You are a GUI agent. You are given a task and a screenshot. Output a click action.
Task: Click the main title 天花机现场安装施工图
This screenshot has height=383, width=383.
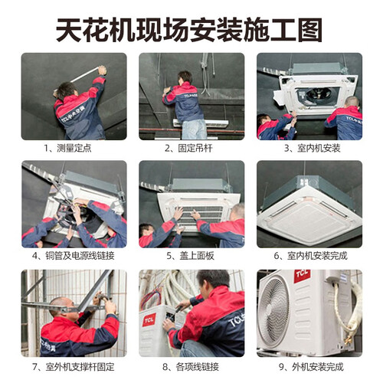pos(189,30)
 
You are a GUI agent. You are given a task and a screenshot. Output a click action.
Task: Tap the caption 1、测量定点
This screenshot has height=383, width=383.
pos(67,148)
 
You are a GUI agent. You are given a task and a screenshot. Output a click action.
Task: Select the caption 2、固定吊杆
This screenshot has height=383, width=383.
pos(188,148)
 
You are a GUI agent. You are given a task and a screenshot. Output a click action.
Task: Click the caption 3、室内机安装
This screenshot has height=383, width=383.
pos(313,148)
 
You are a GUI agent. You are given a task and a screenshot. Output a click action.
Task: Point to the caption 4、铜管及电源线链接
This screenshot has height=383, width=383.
pos(74,256)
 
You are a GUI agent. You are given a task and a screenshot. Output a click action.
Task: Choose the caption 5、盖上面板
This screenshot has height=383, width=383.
pos(191,256)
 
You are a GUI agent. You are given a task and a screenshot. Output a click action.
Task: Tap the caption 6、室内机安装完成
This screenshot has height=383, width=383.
pos(311,256)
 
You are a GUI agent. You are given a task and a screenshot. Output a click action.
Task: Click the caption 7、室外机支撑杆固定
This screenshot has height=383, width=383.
pos(74,367)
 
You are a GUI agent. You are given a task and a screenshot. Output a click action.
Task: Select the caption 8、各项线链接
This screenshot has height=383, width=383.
pos(191,367)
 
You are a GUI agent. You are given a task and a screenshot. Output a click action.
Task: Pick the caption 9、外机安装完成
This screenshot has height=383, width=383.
pos(311,367)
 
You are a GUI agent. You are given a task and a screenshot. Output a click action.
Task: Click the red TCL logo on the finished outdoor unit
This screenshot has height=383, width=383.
pos(302,276)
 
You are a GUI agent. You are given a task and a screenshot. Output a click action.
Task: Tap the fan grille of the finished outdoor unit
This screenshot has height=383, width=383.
pos(273,313)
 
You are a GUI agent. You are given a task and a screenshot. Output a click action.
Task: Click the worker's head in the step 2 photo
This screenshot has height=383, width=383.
pos(185,78)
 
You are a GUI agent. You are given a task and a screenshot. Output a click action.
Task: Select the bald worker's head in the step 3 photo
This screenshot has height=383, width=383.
pos(352,102)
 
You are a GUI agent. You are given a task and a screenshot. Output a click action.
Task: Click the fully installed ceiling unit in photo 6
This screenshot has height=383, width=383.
pos(309,211)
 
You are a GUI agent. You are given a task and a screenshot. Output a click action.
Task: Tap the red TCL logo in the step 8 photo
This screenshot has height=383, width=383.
pos(149,320)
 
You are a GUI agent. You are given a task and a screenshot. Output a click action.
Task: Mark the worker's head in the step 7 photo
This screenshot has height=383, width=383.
pos(61,309)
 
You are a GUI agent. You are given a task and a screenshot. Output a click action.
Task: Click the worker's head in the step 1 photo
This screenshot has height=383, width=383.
pos(66,90)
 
